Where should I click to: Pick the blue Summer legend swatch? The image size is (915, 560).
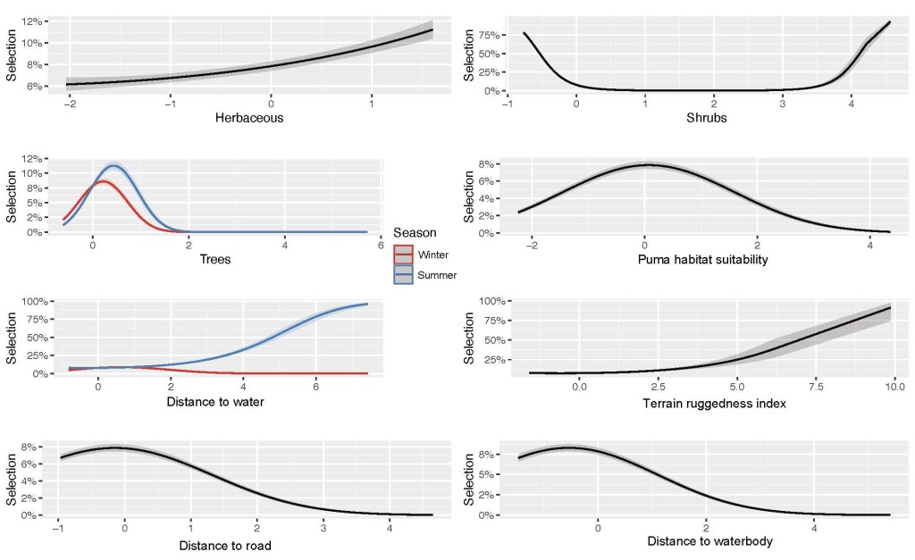(404, 275)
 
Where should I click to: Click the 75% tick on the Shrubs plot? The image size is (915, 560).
(486, 35)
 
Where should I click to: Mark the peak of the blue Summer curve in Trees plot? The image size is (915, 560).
(113, 165)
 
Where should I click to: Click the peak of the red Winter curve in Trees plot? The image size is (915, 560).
(103, 181)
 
